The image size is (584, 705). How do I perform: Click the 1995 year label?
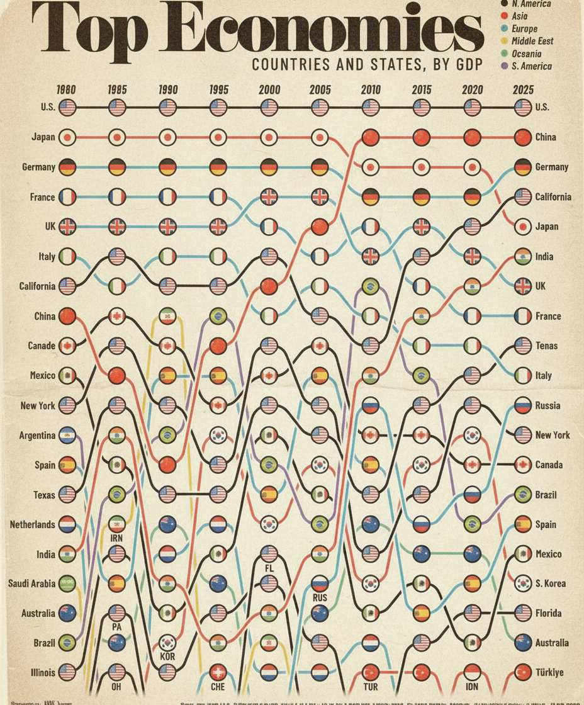click(218, 89)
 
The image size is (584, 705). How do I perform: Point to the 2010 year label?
click(371, 89)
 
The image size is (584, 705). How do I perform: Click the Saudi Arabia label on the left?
click(32, 584)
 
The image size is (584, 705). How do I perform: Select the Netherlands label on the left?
click(32, 524)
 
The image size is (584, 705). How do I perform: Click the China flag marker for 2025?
click(522, 137)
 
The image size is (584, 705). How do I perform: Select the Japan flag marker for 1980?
click(67, 137)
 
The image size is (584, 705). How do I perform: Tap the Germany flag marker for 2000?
click(269, 167)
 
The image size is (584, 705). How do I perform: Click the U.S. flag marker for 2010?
click(371, 108)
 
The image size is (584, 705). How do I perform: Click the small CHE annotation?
click(218, 687)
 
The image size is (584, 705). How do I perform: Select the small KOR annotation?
click(167, 657)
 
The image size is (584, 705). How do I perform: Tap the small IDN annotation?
click(472, 687)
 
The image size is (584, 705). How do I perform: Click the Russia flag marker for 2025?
click(522, 406)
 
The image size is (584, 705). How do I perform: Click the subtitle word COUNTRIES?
click(283, 64)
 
